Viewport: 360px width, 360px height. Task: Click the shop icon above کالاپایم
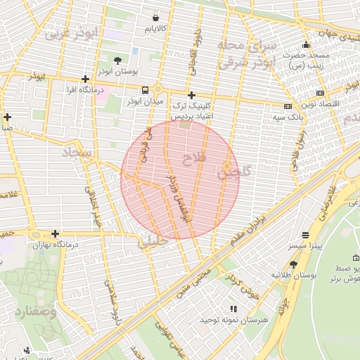tap(155, 17)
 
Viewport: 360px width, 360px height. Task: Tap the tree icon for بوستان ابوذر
tap(117, 60)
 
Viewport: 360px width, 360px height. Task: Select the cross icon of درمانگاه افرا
tap(85, 79)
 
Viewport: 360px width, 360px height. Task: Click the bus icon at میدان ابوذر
tap(145, 90)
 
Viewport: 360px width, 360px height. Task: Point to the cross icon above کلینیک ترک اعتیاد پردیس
tap(191, 95)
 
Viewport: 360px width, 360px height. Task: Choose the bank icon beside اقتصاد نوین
tap(321, 93)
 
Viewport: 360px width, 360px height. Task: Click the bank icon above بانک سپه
tap(288, 105)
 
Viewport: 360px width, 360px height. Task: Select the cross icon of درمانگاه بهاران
tap(55, 233)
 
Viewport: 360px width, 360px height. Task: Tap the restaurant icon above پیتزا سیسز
tap(305, 235)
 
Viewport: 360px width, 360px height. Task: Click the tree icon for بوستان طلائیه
tap(293, 264)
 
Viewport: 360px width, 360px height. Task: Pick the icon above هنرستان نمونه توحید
tap(233, 309)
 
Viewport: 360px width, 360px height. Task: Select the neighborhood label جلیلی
tap(154, 244)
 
